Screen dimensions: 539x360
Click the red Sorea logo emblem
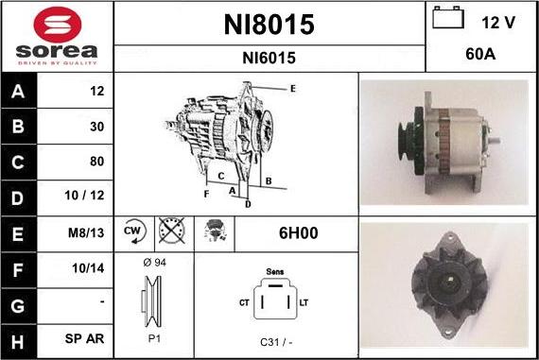pos(58,25)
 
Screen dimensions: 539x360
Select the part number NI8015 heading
pos(269,25)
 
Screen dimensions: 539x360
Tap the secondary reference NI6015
pos(269,58)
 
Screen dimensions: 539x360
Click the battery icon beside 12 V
pos(448,18)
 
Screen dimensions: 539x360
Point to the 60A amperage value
pos(480,54)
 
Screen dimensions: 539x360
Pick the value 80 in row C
pos(96,162)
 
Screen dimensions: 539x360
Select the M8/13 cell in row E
pos(86,232)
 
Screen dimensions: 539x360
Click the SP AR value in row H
pos(84,338)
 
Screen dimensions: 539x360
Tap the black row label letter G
pos(18,306)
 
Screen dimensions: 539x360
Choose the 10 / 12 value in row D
pos(84,195)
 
